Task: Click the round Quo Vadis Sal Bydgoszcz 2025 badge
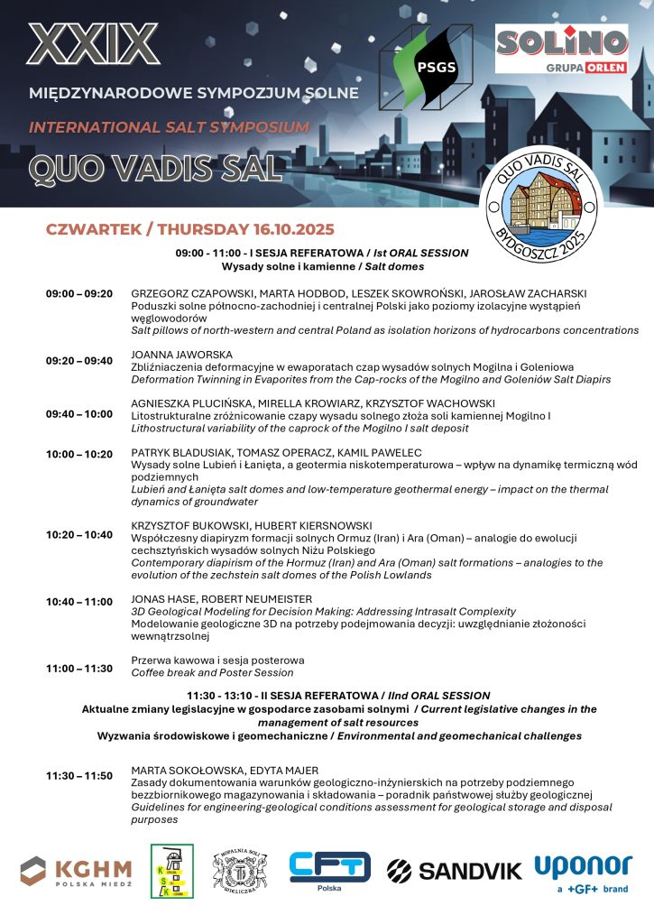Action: coord(540,204)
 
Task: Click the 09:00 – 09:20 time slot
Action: coord(79,294)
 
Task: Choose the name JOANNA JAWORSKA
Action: coord(182,355)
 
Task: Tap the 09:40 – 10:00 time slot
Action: coord(79,414)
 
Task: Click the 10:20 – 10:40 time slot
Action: coord(79,535)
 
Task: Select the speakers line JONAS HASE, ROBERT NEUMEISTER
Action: coord(222,598)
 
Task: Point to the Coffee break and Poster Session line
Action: coord(212,672)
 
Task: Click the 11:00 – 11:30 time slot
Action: coord(79,668)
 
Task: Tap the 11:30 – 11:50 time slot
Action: coord(79,775)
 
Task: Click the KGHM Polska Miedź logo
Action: coord(77,871)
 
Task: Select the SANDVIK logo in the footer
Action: coord(455,870)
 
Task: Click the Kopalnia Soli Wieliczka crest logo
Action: coord(239,870)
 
